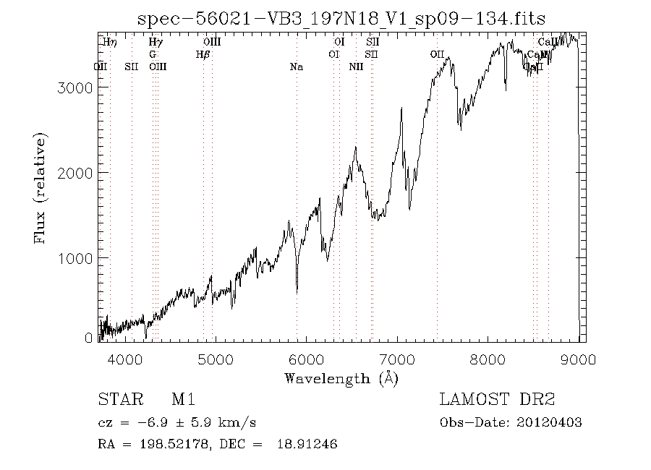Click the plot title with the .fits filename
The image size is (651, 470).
point(341,18)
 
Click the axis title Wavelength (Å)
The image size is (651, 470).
point(341,378)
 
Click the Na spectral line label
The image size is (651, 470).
point(296,67)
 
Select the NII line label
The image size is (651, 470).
point(356,67)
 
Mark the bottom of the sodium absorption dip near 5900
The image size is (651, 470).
point(297,292)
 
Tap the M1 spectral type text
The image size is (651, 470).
point(183,400)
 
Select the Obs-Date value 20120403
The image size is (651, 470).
point(550,422)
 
